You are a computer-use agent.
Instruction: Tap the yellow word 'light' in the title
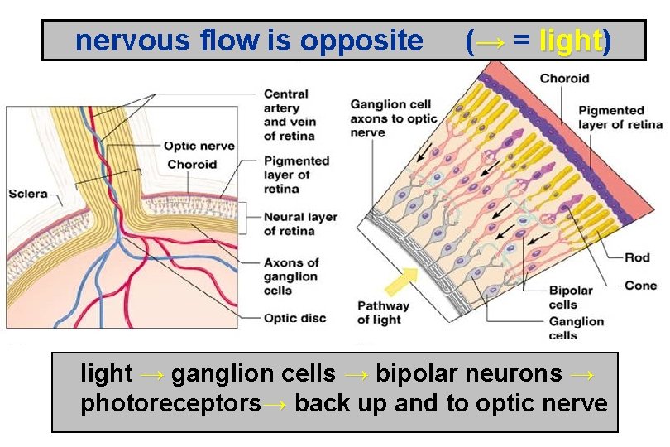[x=570, y=41]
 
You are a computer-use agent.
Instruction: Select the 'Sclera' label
[x=29, y=195]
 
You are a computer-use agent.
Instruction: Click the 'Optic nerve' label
[x=199, y=147]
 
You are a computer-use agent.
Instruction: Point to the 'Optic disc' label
[x=294, y=318]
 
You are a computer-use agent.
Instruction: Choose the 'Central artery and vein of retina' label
[x=289, y=115]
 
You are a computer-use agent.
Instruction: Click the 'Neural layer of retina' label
[x=299, y=223]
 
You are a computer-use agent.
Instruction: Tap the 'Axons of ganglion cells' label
[x=290, y=276]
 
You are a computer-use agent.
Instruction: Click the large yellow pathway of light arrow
[x=402, y=281]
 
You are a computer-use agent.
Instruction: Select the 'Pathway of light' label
[x=383, y=313]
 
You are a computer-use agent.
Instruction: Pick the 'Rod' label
[x=637, y=257]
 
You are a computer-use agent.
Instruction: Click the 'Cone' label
[x=640, y=286]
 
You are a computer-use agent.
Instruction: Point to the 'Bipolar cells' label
[x=571, y=297]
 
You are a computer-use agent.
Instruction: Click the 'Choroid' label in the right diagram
[x=564, y=79]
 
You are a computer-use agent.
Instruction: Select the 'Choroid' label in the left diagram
[x=192, y=165]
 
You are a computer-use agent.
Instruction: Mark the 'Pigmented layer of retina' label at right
[x=620, y=118]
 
